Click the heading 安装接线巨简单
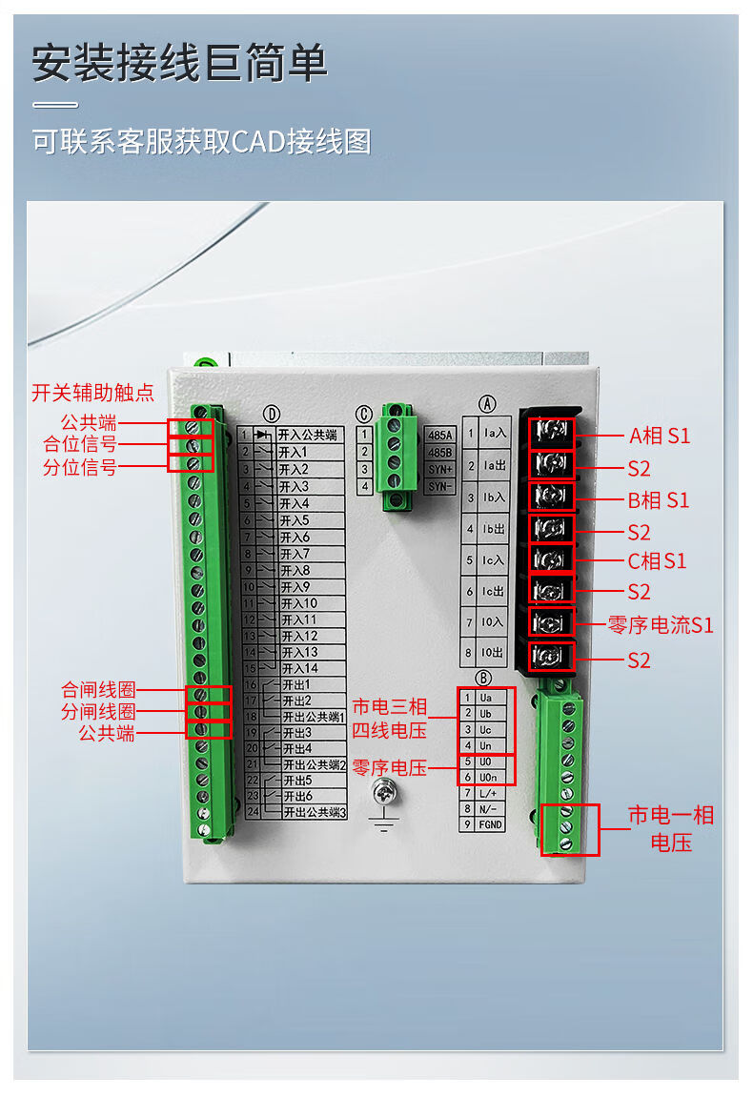(x=180, y=64)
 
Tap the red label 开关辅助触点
(x=92, y=393)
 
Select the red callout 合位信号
(x=80, y=444)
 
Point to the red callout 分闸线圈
(x=98, y=712)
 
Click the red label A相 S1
(x=660, y=437)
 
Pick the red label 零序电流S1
(x=661, y=626)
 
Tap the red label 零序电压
(x=389, y=767)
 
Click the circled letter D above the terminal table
(x=273, y=414)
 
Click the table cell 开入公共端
(x=308, y=435)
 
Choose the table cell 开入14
(x=298, y=668)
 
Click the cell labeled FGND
(x=490, y=824)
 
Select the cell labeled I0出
(x=494, y=654)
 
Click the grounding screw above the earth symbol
(x=385, y=788)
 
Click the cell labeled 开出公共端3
(x=313, y=813)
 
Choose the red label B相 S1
(x=658, y=500)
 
